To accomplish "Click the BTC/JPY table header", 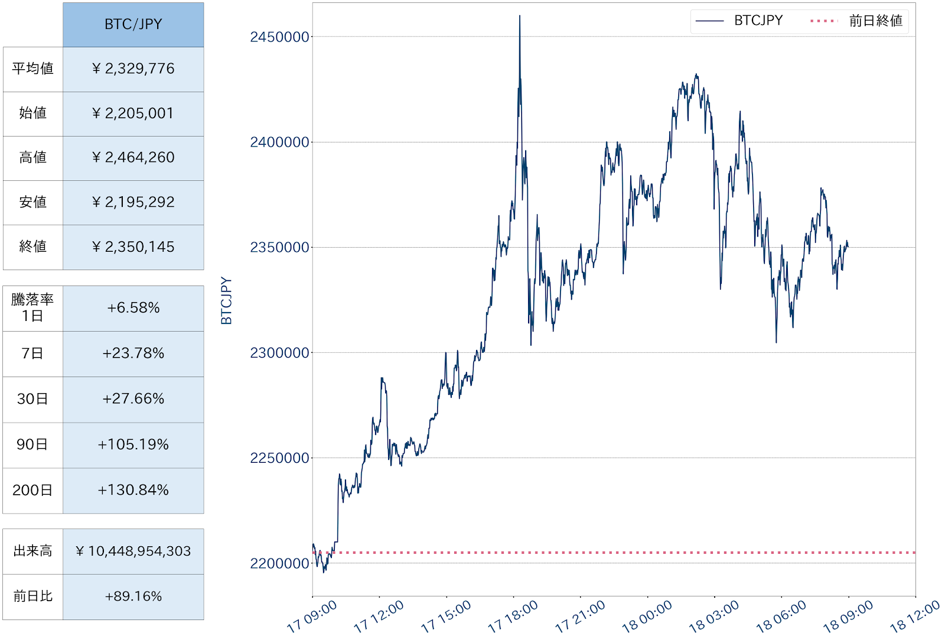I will pyautogui.click(x=133, y=24).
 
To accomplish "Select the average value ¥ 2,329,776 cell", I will pyautogui.click(x=133, y=69).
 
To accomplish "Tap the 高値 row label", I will pyautogui.click(x=32, y=158).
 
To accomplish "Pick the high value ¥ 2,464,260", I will pyautogui.click(x=133, y=158).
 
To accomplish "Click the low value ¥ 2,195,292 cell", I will pyautogui.click(x=133, y=202).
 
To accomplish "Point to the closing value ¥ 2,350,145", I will pyautogui.click(x=133, y=247).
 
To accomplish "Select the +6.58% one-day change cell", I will pyautogui.click(x=133, y=308).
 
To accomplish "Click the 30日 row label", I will pyautogui.click(x=32, y=399).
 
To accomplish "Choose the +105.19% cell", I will pyautogui.click(x=133, y=445).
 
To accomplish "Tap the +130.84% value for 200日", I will pyautogui.click(x=133, y=490).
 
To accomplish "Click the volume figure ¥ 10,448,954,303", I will pyautogui.click(x=133, y=552).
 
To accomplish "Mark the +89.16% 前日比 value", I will pyautogui.click(x=133, y=596).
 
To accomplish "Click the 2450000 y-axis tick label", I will pyautogui.click(x=279, y=37).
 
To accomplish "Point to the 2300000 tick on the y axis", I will pyautogui.click(x=279, y=353).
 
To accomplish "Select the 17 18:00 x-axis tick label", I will pyautogui.click(x=513, y=617).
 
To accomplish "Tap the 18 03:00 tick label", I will pyautogui.click(x=713, y=617).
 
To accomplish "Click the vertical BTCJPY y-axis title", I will pyautogui.click(x=226, y=301).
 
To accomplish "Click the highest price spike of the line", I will pyautogui.click(x=520, y=17).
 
